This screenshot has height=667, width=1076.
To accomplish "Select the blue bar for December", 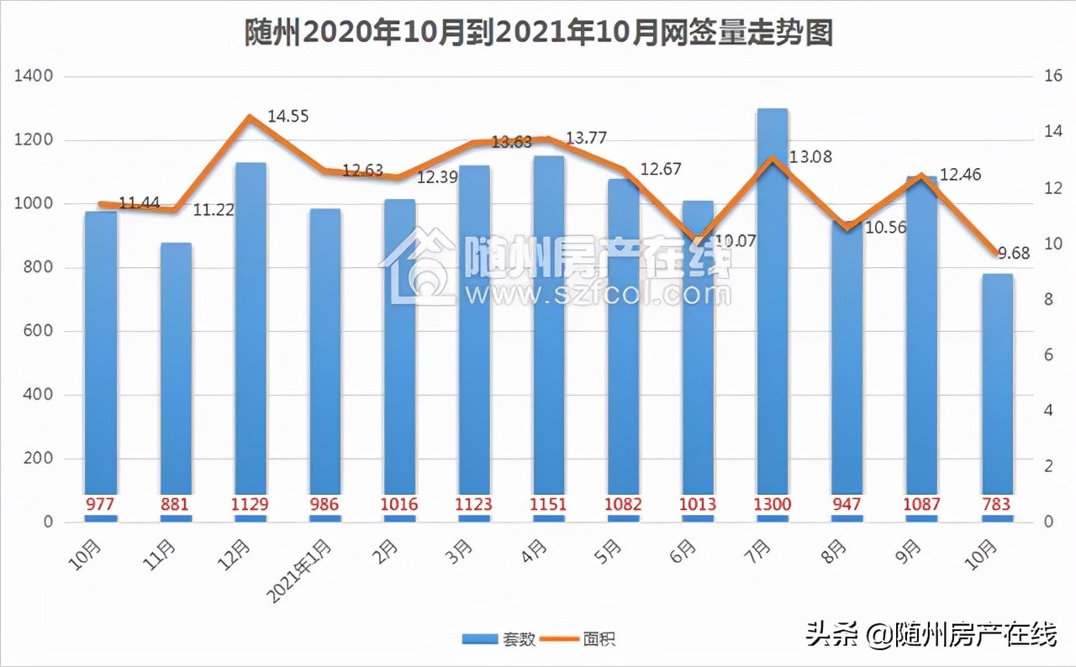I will (251, 336).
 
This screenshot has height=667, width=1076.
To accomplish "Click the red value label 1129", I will (251, 505).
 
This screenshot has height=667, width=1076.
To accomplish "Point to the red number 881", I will (177, 505).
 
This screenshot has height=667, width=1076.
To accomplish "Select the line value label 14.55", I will (288, 116).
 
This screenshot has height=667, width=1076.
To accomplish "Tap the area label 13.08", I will (812, 156).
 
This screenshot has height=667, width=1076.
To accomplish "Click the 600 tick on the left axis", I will (39, 331).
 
